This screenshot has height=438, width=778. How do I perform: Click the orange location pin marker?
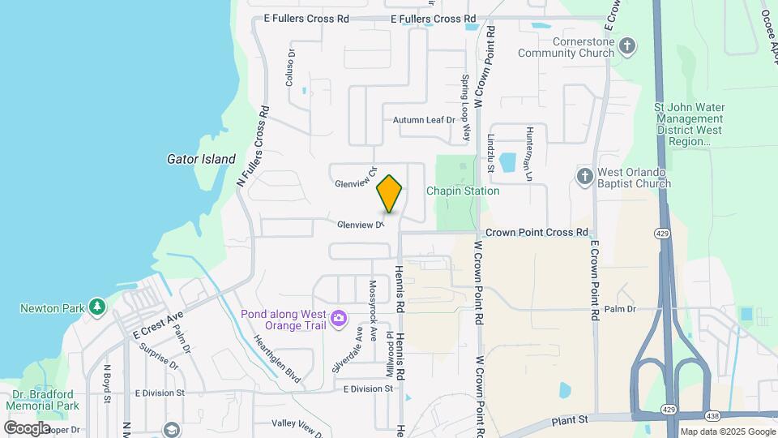pyautogui.click(x=389, y=194)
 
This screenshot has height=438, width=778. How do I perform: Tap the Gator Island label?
pyautogui.click(x=201, y=160)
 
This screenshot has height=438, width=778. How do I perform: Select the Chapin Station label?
pyautogui.click(x=464, y=191)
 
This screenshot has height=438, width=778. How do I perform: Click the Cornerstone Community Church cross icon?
pyautogui.click(x=626, y=45)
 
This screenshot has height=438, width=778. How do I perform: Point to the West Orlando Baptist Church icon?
pyautogui.click(x=584, y=177)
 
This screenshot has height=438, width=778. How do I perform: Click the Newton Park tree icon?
pyautogui.click(x=97, y=307)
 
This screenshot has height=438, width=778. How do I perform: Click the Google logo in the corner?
pyautogui.click(x=27, y=427)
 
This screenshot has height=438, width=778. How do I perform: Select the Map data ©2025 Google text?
pyautogui.click(x=727, y=432)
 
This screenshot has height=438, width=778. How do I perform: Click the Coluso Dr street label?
pyautogui.click(x=289, y=68)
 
